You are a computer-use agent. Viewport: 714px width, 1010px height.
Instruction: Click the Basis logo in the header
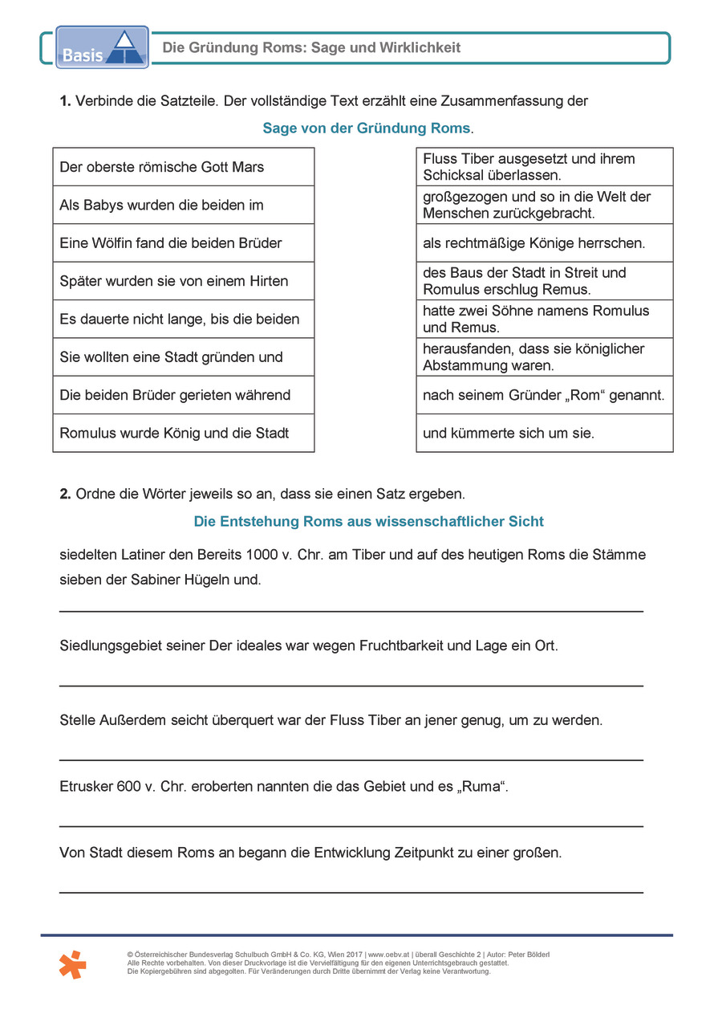pos(102,47)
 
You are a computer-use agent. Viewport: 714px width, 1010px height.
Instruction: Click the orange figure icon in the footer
pos(72,963)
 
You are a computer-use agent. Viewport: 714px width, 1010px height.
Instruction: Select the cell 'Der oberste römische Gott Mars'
pos(183,167)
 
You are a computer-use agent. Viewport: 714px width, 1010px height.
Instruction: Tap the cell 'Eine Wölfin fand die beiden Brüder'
pos(183,242)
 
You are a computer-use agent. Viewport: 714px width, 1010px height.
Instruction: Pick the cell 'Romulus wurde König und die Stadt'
pos(183,434)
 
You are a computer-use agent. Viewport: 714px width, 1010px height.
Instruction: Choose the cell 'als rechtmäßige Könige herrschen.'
pos(544,242)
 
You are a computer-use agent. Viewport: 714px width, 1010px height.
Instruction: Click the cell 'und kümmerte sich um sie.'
pos(544,434)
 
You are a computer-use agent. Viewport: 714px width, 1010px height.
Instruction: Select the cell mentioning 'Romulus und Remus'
pos(544,319)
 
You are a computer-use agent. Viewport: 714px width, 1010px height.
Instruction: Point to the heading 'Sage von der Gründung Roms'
pos(367,128)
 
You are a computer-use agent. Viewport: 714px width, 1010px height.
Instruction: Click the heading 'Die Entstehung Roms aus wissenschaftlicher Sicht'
pos(368,522)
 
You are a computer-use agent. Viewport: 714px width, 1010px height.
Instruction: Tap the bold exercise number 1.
pos(65,101)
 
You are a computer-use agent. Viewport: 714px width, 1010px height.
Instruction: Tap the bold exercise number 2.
pos(65,494)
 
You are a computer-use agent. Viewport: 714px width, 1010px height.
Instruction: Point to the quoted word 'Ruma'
pos(481,787)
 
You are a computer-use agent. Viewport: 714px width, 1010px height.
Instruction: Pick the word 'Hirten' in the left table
pos(267,281)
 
